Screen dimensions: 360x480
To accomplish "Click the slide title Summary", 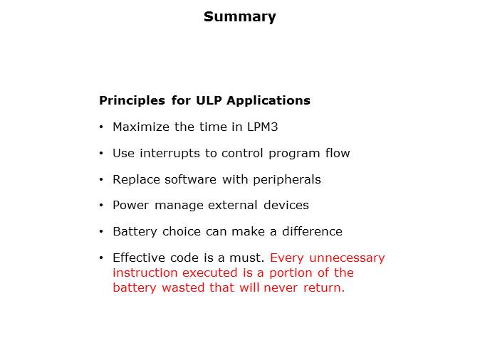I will (x=239, y=16).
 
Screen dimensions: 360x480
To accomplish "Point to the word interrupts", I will (x=165, y=153).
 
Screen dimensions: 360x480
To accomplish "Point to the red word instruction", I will (x=145, y=272).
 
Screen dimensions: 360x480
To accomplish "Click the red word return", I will (x=324, y=288).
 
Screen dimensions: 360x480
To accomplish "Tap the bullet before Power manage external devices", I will (x=103, y=205).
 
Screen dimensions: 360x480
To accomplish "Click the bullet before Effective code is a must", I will (x=103, y=258).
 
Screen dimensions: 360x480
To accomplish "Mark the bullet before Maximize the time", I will (x=103, y=127).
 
